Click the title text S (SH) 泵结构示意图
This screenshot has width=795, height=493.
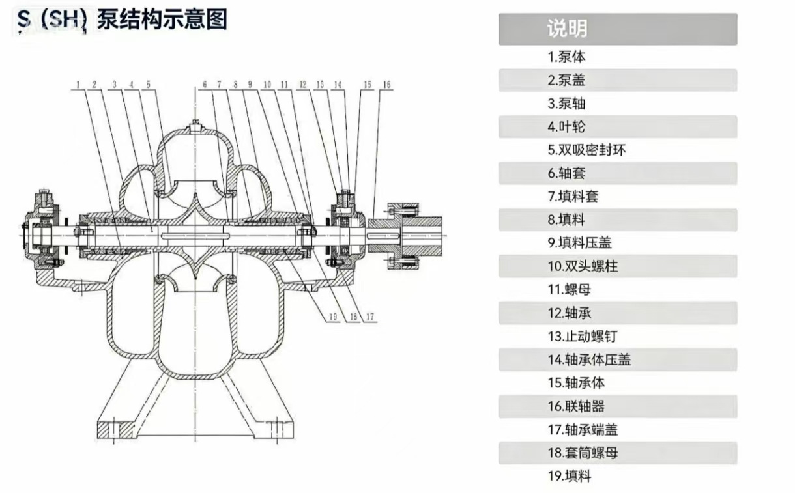pos(123,20)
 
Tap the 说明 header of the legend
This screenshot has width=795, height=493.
pos(567,29)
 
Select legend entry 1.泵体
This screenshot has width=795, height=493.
pos(566,57)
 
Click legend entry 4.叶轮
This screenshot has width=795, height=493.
pos(566,126)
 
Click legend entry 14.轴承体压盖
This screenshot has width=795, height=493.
pos(588,359)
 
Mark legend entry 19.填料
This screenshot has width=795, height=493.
pos(569,476)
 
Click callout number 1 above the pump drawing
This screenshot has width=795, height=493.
pos(78,85)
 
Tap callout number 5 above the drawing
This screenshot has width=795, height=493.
pos(148,85)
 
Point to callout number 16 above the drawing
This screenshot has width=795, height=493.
pos(386,85)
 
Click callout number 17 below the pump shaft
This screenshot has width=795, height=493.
pos(370,317)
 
